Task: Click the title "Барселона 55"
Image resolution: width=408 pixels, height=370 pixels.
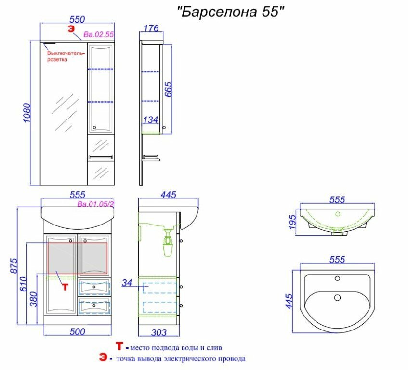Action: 231,12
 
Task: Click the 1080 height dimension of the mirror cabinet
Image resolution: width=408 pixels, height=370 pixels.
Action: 27,112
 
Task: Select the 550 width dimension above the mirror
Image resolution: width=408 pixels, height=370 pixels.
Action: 77,19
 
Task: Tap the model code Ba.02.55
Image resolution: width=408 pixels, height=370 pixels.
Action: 99,34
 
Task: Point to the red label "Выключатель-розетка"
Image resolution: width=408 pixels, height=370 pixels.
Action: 66,56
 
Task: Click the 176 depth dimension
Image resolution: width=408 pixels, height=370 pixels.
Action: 151,28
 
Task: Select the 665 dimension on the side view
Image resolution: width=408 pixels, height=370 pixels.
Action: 168,89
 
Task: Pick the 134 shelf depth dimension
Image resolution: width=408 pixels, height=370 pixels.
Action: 150,119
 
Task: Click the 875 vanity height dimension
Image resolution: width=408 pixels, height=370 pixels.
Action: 14,265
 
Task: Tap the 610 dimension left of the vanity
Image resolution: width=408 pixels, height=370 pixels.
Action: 23,284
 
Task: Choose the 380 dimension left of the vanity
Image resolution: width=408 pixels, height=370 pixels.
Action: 33,299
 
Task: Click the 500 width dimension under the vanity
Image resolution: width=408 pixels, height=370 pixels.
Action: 77,332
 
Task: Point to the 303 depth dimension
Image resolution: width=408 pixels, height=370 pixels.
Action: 159,332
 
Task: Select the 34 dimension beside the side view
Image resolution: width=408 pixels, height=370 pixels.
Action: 127,283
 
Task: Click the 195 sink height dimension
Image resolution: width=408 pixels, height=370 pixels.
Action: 292,222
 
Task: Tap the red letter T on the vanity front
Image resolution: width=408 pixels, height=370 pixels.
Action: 65,287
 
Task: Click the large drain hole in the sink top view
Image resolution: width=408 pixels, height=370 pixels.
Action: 337,297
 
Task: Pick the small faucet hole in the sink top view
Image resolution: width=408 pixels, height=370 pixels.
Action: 337,278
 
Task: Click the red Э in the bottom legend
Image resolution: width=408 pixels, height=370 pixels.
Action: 103,357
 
